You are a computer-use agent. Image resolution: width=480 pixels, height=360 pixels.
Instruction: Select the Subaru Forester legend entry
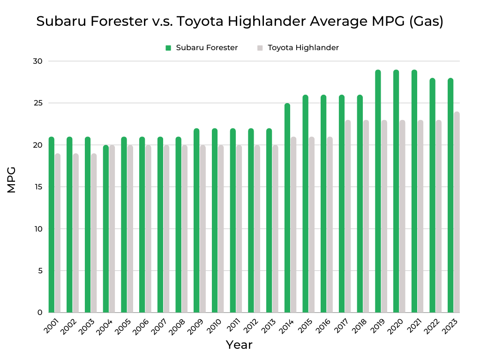coord(202,47)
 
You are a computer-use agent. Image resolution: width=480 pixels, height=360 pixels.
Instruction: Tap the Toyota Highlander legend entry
coord(298,47)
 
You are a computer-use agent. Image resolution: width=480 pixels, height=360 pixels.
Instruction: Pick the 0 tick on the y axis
coord(40,313)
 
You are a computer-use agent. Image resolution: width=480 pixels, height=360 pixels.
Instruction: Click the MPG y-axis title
coord(12,180)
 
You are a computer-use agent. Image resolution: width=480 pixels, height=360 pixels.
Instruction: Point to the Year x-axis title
coord(239,345)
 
